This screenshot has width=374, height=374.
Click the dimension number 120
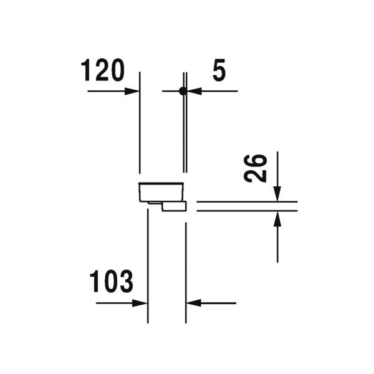tap(103, 70)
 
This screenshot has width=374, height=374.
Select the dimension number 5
tap(219, 70)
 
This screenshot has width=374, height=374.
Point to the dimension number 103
tap(111, 281)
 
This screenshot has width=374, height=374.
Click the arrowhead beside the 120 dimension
tap(132, 91)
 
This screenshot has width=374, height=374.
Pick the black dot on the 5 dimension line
tap(183, 91)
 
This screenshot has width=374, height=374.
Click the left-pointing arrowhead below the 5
tap(194, 91)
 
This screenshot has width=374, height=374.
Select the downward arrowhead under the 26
tap(277, 194)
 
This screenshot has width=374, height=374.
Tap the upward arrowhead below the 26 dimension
tap(277, 219)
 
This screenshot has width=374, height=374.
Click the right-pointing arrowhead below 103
tap(140, 303)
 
